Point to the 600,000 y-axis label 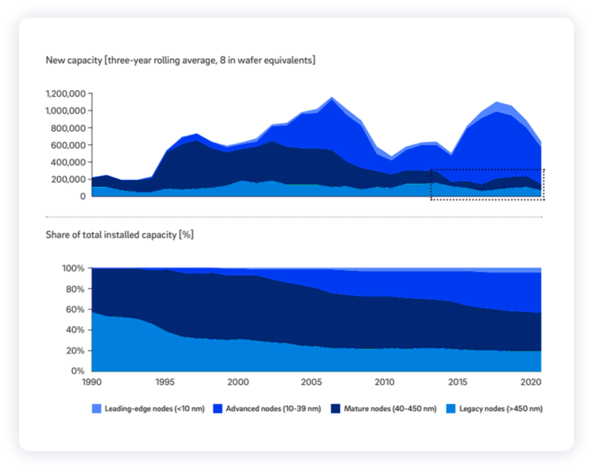69,145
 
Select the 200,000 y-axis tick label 69,180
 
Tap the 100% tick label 72,268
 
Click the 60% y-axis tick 75,310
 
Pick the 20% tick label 75,350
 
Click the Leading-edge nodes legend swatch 96,408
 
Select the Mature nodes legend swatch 335,408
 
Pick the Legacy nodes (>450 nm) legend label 501,408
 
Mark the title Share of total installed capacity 120,235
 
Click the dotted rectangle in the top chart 487,184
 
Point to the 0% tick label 77,371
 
